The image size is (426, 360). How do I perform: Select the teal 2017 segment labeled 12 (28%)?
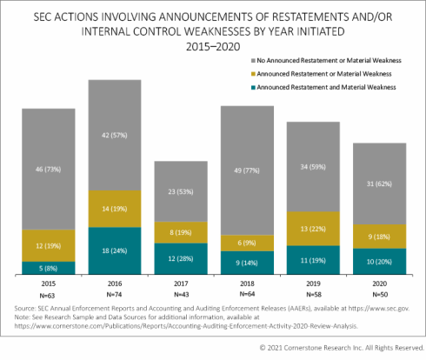tap(183, 259)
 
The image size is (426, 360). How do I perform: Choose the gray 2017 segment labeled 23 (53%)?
tap(183, 191)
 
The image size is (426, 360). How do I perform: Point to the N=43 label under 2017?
tap(183, 294)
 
